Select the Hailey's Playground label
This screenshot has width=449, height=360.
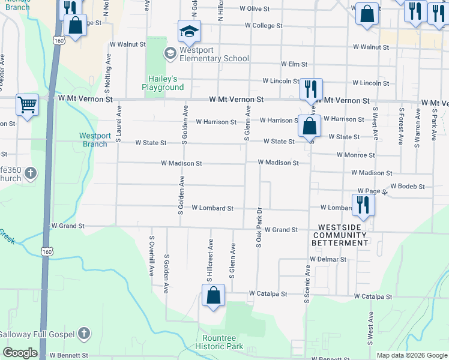(x=163, y=83)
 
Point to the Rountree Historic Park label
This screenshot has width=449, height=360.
(x=219, y=342)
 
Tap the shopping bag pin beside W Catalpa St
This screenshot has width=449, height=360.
(x=213, y=296)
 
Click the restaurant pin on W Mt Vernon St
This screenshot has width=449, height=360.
(x=310, y=89)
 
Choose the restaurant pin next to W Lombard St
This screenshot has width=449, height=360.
(x=363, y=205)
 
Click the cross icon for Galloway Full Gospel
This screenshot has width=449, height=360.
(x=84, y=334)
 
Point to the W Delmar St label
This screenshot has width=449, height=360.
(x=328, y=259)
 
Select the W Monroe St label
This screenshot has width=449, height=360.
(x=354, y=155)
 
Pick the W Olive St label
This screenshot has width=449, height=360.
(x=261, y=9)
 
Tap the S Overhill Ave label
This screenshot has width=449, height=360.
(x=151, y=255)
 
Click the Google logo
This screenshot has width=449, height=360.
(x=20, y=353)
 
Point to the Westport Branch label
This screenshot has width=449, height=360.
(x=95, y=140)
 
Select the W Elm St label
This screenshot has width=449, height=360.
(x=294, y=64)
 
